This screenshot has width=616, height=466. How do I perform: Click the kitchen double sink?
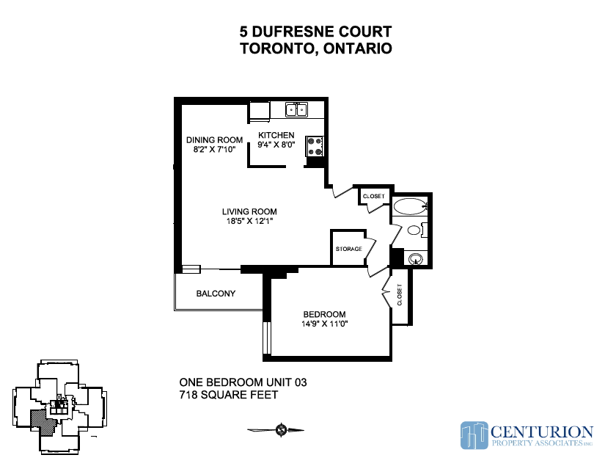pyautogui.click(x=296, y=110)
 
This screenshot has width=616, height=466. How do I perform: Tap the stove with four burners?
pyautogui.click(x=315, y=146)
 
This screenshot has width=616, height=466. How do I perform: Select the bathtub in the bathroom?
pyautogui.click(x=410, y=206)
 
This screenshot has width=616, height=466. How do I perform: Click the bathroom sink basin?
pyautogui.click(x=416, y=259)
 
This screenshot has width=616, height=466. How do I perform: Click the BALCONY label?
pyautogui.click(x=216, y=294)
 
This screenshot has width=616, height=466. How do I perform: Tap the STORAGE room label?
pyautogui.click(x=349, y=249)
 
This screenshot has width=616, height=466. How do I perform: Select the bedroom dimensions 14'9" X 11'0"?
pyautogui.click(x=325, y=324)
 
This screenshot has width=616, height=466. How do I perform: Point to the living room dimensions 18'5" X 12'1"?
pyautogui.click(x=249, y=221)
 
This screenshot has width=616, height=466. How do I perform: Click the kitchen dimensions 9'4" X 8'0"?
pyautogui.click(x=276, y=145)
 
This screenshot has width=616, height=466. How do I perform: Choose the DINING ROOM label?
pyautogui.click(x=214, y=140)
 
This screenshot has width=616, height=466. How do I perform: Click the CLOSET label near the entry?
pyautogui.click(x=373, y=196)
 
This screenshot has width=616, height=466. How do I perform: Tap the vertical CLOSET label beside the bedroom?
pyautogui.click(x=400, y=294)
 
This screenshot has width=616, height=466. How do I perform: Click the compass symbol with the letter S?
pyautogui.click(x=282, y=430)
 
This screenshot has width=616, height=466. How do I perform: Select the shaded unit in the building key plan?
pyautogui.click(x=43, y=422)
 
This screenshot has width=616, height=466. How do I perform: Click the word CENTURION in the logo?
pyautogui.click(x=542, y=432)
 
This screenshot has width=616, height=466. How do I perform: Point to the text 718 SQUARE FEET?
pyautogui.click(x=229, y=395)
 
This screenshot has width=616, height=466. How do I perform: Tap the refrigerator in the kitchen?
pyautogui.click(x=260, y=111)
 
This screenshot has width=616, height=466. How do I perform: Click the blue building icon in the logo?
pyautogui.click(x=474, y=435)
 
